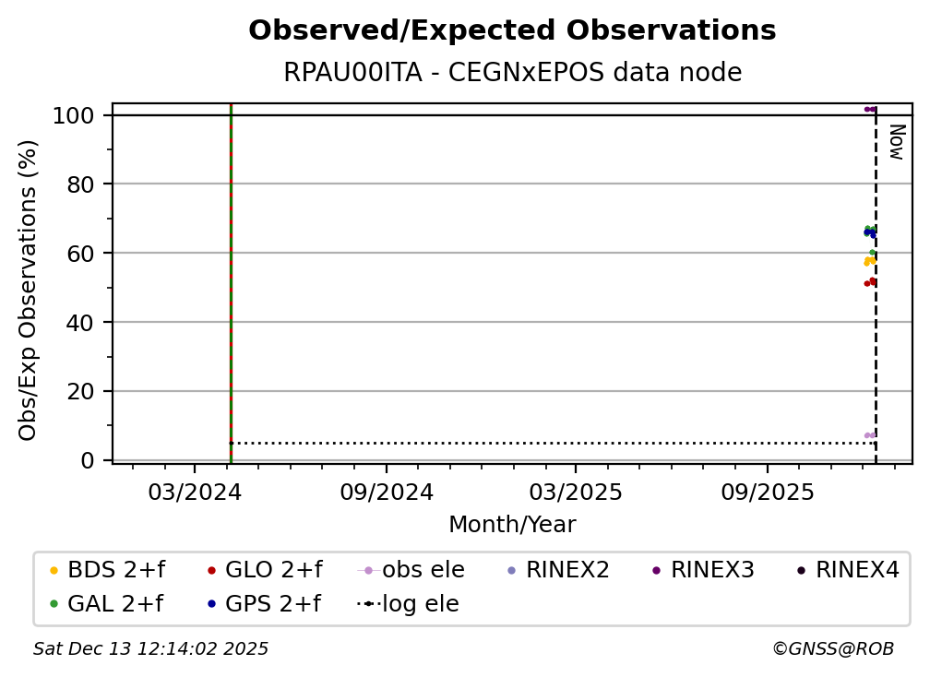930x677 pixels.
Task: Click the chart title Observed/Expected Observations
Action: click(x=512, y=30)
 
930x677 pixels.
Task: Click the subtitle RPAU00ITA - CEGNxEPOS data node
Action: click(x=512, y=72)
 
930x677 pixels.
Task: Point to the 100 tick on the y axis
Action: click(x=74, y=115)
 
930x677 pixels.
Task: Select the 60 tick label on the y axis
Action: click(x=80, y=253)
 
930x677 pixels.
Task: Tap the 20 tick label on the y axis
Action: click(x=80, y=391)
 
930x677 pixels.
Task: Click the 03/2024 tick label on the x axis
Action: click(x=195, y=492)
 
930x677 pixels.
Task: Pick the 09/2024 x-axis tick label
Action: click(x=387, y=492)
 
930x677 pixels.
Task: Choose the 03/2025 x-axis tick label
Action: click(x=576, y=492)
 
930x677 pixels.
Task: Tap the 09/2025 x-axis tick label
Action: click(x=768, y=492)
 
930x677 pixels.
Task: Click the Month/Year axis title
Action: click(x=512, y=525)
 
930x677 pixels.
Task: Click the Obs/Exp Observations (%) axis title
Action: click(x=28, y=290)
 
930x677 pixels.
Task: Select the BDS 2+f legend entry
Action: click(x=107, y=570)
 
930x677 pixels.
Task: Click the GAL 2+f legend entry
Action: click(x=106, y=603)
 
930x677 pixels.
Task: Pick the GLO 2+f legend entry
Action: click(x=265, y=570)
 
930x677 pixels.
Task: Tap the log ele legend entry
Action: click(x=408, y=603)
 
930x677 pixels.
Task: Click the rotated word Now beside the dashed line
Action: click(x=897, y=142)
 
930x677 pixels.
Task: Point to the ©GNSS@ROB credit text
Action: click(x=833, y=649)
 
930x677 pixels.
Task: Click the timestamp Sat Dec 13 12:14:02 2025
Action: click(x=150, y=649)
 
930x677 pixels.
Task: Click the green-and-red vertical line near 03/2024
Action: click(x=231, y=283)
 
